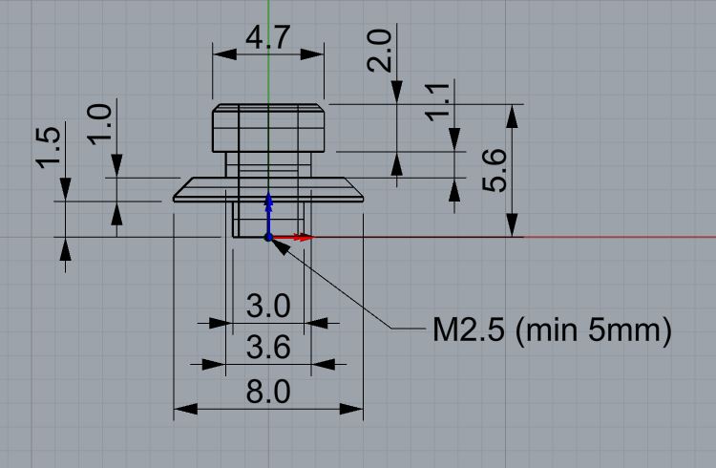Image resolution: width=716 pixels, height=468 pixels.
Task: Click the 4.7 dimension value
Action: pyautogui.click(x=268, y=37)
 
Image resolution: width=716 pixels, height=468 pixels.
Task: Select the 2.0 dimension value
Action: pyautogui.click(x=379, y=51)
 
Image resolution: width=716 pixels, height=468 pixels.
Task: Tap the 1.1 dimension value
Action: pyautogui.click(x=438, y=102)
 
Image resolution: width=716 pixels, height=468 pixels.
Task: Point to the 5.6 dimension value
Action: pyautogui.click(x=495, y=170)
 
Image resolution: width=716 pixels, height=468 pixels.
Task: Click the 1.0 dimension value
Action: pyautogui.click(x=99, y=125)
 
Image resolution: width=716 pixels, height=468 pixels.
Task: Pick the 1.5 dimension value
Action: pyautogui.click(x=48, y=148)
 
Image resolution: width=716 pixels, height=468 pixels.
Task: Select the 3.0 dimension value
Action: pyautogui.click(x=268, y=306)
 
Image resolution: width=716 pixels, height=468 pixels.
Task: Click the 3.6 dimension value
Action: pyautogui.click(x=268, y=348)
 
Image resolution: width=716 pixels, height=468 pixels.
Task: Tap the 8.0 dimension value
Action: pyautogui.click(x=268, y=392)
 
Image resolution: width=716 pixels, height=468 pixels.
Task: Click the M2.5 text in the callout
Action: pyautogui.click(x=469, y=330)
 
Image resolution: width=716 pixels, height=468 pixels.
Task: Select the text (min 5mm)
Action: pyautogui.click(x=594, y=330)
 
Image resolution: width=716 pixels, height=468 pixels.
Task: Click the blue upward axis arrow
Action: pyautogui.click(x=268, y=214)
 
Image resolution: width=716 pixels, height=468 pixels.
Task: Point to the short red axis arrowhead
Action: pyautogui.click(x=304, y=237)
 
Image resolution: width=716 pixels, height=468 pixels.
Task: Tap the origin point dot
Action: pyautogui.click(x=268, y=237)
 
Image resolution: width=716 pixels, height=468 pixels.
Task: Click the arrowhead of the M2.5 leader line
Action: pyautogui.click(x=281, y=246)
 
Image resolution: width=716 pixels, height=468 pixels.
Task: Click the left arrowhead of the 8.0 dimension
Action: pyautogui.click(x=186, y=409)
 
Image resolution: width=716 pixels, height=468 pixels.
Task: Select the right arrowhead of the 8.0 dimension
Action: pyautogui.click(x=351, y=409)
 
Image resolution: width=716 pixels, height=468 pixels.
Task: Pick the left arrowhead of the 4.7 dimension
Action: pyautogui.click(x=224, y=54)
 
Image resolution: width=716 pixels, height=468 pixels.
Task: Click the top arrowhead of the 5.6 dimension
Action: pyautogui.click(x=513, y=117)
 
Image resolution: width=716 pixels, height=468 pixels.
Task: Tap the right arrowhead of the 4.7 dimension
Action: pyautogui.click(x=312, y=54)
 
